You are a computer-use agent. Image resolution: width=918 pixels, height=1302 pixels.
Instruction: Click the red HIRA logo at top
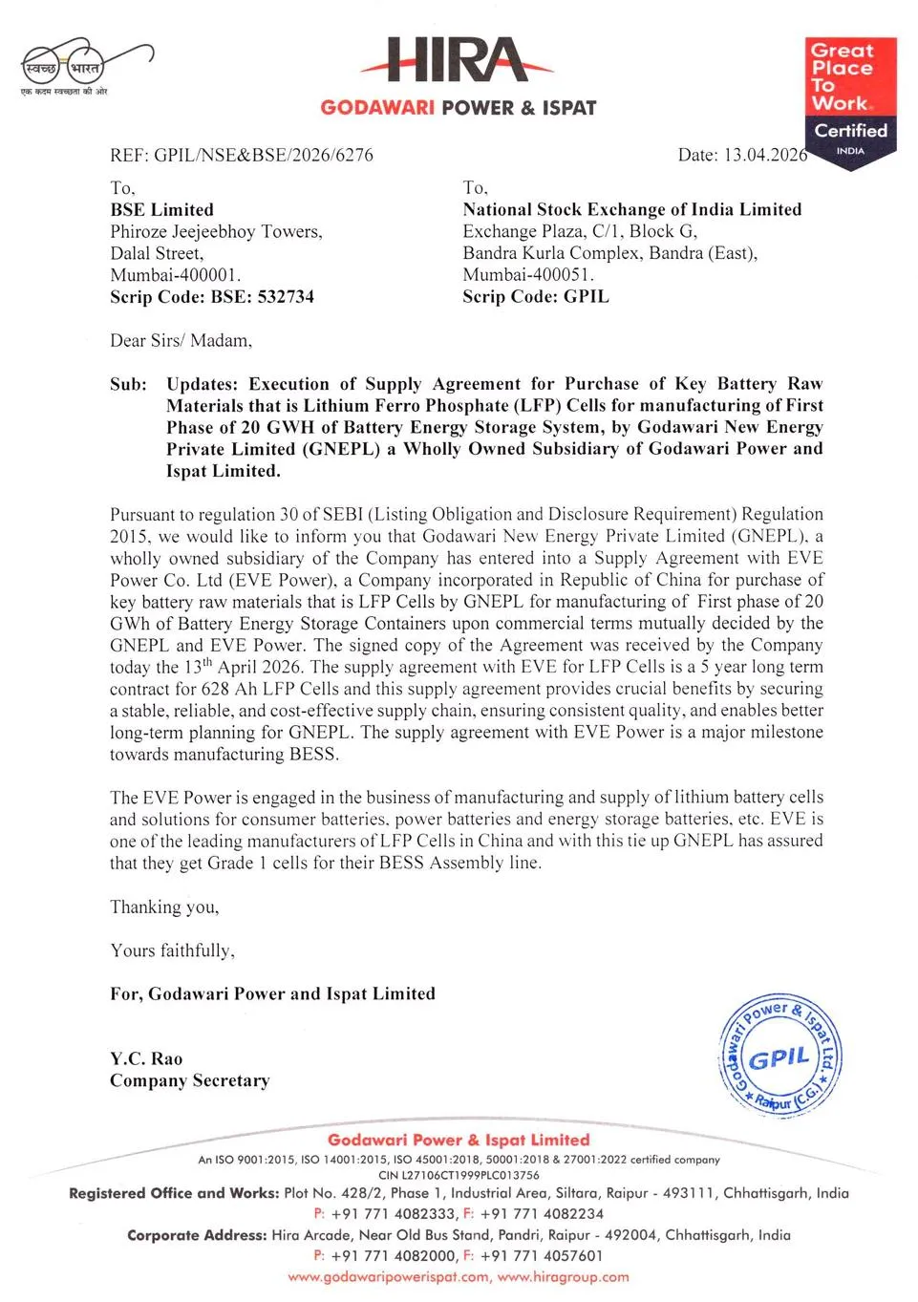pos(457,60)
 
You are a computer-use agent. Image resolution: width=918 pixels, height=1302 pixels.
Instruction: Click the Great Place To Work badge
pos(850,100)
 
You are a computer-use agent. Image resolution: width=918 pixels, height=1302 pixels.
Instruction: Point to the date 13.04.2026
pos(765,155)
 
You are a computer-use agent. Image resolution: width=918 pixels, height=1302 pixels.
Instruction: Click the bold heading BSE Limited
pos(161,209)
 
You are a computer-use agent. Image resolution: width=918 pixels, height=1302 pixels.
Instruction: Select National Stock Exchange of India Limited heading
pos(631,209)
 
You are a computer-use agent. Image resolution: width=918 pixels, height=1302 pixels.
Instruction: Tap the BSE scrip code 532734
pos(285,296)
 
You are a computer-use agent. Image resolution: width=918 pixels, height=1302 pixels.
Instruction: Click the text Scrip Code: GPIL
pos(535,296)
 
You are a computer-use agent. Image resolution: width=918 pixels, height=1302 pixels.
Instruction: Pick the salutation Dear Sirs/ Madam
pos(181,340)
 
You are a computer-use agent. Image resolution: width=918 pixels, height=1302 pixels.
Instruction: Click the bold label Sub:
pos(128,384)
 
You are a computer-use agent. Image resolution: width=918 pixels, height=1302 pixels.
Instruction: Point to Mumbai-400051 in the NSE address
pos(527,274)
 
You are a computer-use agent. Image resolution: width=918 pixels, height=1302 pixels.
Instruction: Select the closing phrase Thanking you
pos(164,907)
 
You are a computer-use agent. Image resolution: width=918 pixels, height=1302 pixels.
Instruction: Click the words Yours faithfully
pos(172,950)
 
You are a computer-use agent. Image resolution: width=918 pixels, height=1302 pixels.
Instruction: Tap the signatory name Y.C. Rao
pos(145,1058)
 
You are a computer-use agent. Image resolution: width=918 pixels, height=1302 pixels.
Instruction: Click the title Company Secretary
pos(189,1080)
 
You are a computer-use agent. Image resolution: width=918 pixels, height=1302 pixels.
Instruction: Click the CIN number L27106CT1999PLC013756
pos(459,1175)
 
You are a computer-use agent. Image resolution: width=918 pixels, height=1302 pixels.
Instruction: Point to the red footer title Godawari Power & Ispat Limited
pos(459,1140)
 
